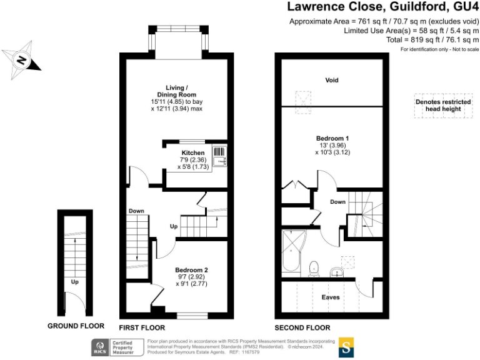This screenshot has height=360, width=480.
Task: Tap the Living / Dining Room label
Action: [176, 91]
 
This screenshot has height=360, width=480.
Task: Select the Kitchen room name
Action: [192, 152]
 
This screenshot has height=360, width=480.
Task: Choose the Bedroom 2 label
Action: [191, 270]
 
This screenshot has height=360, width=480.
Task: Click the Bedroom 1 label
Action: [332, 138]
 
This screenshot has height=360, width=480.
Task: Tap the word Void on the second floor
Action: [332, 80]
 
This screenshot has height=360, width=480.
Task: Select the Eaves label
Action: [331, 297]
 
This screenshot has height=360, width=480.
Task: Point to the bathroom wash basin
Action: [337, 272]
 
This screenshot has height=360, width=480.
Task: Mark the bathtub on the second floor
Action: [292, 253]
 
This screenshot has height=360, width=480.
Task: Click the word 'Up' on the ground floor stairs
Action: [74, 282]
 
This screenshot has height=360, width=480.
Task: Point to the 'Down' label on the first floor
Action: [137, 211]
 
